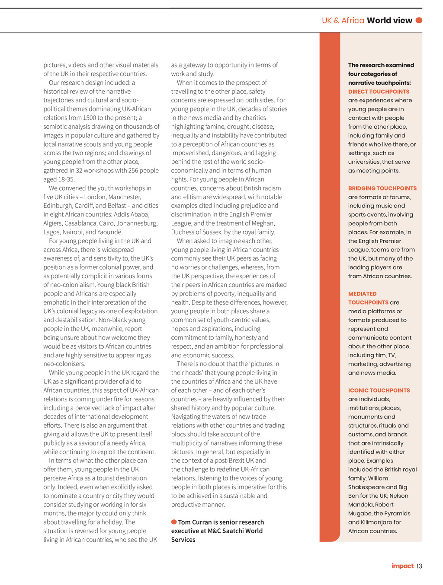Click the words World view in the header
click(389, 20)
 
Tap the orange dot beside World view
click(419, 20)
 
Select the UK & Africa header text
click(343, 20)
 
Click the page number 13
click(419, 566)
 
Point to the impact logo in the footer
click(402, 566)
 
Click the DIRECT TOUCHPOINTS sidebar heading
click(379, 92)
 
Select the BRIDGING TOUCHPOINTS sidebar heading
click(382, 188)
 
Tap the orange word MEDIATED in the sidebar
click(362, 294)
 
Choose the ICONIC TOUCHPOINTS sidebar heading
click(379, 391)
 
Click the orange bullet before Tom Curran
click(174, 522)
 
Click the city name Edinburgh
click(58, 206)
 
